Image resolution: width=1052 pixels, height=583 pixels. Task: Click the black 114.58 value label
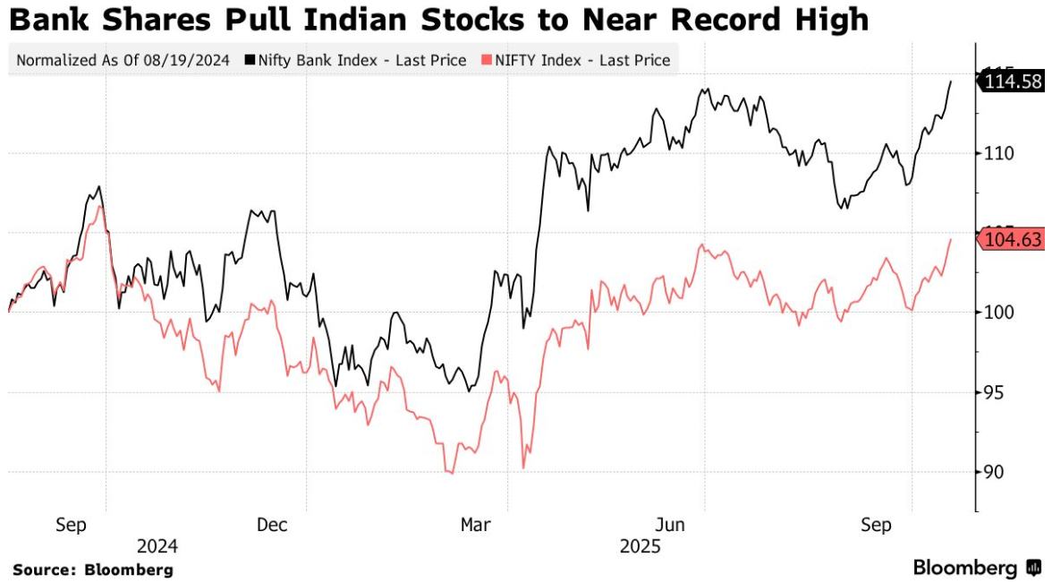coord(1013,81)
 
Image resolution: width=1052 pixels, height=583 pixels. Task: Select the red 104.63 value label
coord(1013,239)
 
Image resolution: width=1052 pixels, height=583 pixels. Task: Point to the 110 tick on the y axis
coord(997,153)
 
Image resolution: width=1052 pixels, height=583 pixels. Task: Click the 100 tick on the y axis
coord(997,313)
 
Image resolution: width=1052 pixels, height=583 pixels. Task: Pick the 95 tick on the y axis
coord(993,392)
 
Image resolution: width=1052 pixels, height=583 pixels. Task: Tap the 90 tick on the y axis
coord(993,472)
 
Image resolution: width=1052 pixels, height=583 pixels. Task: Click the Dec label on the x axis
coord(272,525)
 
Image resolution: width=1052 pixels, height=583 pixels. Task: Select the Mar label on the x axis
coord(474,525)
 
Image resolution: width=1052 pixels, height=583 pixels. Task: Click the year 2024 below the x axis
coord(157,545)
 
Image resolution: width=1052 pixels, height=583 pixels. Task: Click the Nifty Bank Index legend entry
coord(361,61)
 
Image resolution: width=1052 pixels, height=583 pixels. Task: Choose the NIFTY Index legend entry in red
coord(578,61)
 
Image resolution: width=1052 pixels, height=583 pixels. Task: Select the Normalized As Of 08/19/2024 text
coord(123,61)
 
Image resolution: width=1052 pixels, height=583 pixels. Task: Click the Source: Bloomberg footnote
coord(92,569)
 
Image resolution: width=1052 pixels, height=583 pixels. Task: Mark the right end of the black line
coord(950,81)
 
